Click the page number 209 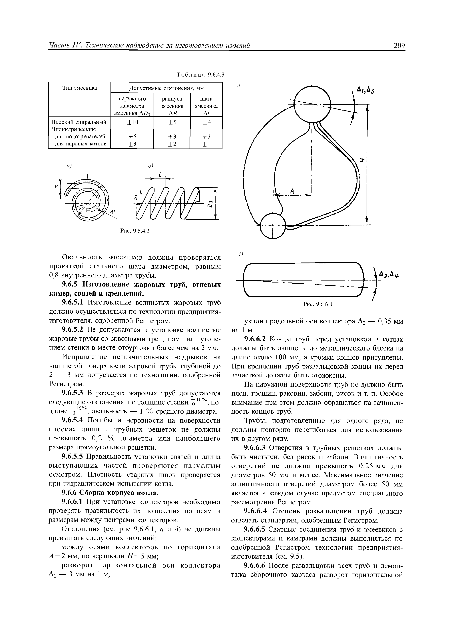[x=399, y=45]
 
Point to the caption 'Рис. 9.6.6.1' [x=318, y=304]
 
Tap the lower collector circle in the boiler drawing [x=273, y=226]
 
